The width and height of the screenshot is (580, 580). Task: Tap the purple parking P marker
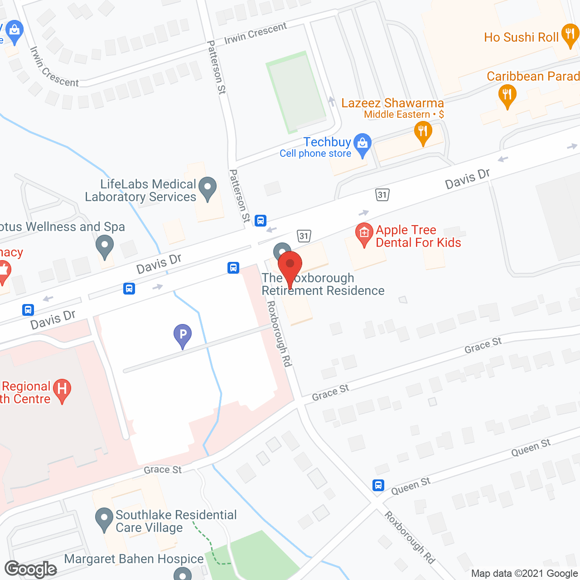pos(182,335)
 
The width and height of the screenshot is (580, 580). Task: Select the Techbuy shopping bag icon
pos(362,144)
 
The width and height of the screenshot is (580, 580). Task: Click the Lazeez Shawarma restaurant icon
pos(423,133)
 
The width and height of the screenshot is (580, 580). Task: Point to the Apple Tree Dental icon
pos(364,234)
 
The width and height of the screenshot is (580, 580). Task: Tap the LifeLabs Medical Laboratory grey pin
pos(208,187)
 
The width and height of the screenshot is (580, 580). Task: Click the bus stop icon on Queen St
pos(378,485)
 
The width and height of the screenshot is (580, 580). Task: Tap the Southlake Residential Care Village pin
pos(104,519)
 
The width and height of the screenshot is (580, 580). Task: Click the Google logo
pos(31,569)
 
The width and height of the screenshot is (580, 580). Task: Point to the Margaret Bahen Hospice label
pos(134,559)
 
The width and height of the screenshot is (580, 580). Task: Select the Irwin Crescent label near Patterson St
pos(256,34)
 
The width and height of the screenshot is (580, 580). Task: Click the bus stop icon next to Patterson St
pos(260,221)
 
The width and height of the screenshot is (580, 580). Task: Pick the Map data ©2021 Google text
pos(524,574)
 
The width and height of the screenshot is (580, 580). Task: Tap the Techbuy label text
pos(327,142)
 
